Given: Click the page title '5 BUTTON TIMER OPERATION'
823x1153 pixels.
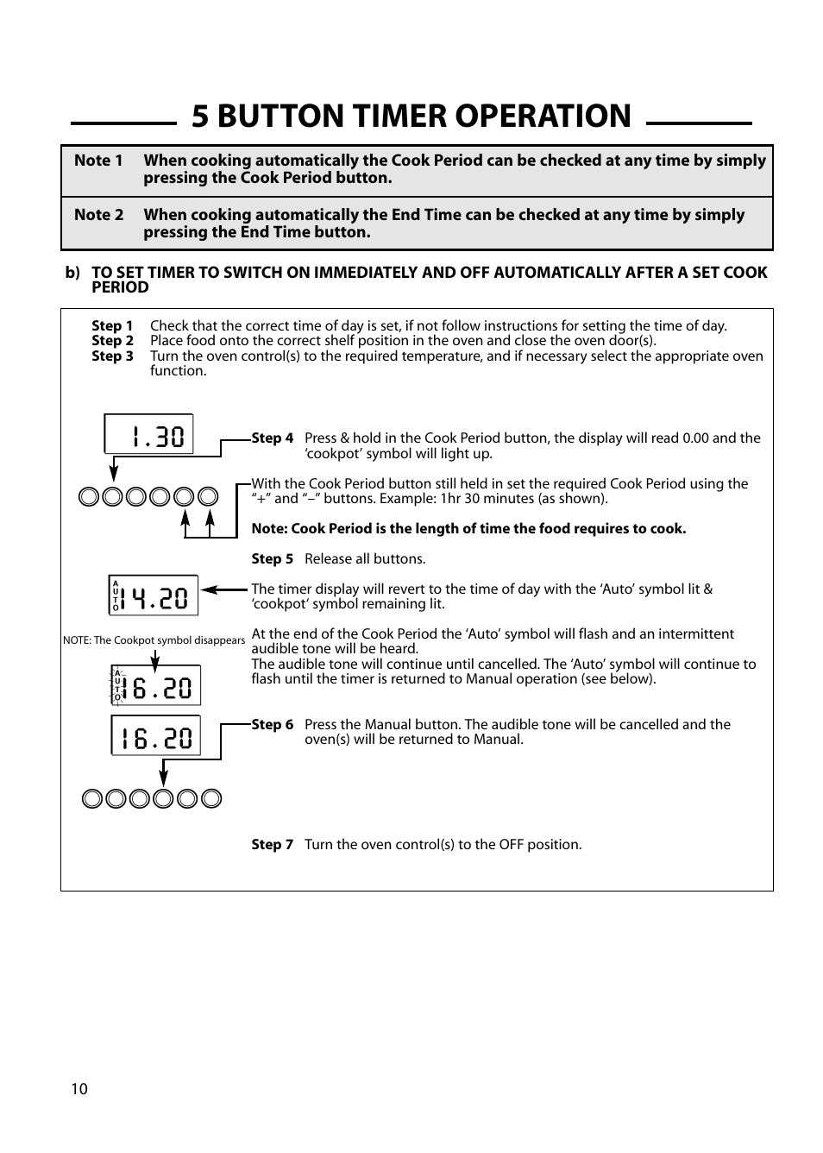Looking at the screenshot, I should click(x=411, y=117).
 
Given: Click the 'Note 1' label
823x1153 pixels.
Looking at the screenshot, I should click(x=98, y=161).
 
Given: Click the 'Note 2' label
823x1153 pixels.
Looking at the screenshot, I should click(x=98, y=215).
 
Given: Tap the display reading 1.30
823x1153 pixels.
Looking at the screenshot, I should click(x=148, y=434).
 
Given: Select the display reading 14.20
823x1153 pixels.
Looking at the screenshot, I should click(x=154, y=595).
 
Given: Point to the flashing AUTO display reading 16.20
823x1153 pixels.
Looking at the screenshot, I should click(x=155, y=685).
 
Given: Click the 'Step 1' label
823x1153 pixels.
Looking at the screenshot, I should click(x=112, y=326).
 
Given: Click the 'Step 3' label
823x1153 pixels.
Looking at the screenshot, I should click(x=112, y=356).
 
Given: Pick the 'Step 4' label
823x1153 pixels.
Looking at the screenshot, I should click(x=272, y=438).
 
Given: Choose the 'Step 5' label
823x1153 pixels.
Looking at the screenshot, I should click(x=272, y=559).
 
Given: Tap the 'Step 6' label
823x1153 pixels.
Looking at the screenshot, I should click(x=272, y=725).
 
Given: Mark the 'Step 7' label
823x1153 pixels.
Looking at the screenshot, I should click(x=272, y=845).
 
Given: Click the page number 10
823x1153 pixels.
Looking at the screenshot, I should click(x=79, y=1089).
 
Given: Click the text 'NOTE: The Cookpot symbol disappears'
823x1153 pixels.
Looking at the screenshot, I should click(x=154, y=640).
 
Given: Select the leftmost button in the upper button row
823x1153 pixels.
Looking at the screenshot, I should click(x=88, y=497).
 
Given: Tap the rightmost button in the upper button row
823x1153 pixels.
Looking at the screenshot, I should click(x=208, y=497).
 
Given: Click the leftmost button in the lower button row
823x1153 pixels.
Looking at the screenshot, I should click(x=92, y=799).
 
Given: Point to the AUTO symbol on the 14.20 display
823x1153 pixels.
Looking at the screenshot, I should click(x=116, y=595).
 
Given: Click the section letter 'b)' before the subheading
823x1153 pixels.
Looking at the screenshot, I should click(x=72, y=273).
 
